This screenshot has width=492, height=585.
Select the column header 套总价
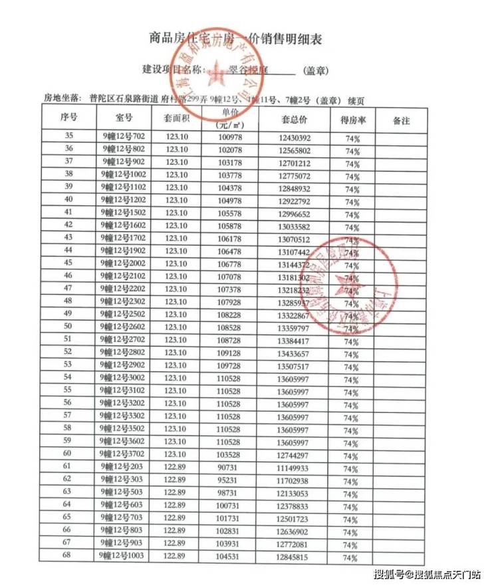[x=293, y=120]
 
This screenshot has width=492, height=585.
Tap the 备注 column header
[x=401, y=121]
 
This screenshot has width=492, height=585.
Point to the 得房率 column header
[x=352, y=120]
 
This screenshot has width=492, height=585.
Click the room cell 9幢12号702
[x=124, y=137]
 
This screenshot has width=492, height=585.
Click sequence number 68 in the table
[x=68, y=556]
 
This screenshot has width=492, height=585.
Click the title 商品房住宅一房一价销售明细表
[x=236, y=39]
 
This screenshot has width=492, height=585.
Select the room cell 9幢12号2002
[x=124, y=263]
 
